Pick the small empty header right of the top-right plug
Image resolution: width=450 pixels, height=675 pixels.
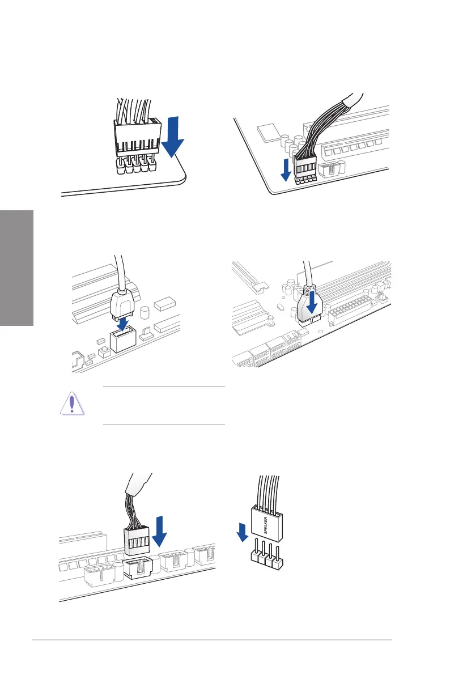tap(328, 169)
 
